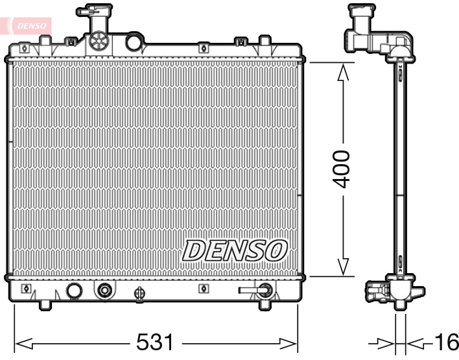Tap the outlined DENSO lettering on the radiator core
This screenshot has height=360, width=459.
point(235,250)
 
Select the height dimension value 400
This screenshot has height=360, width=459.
point(341,169)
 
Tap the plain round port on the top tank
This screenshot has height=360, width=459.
point(134,43)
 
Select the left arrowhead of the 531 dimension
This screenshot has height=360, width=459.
point(23,341)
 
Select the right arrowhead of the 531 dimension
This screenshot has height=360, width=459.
point(288,341)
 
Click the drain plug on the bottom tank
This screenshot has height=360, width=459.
point(137,293)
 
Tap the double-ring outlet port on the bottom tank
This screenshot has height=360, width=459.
point(103,291)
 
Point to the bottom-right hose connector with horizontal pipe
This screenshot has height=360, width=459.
point(256,291)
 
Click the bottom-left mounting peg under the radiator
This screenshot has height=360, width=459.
point(44,304)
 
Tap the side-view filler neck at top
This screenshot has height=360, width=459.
point(366,29)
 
